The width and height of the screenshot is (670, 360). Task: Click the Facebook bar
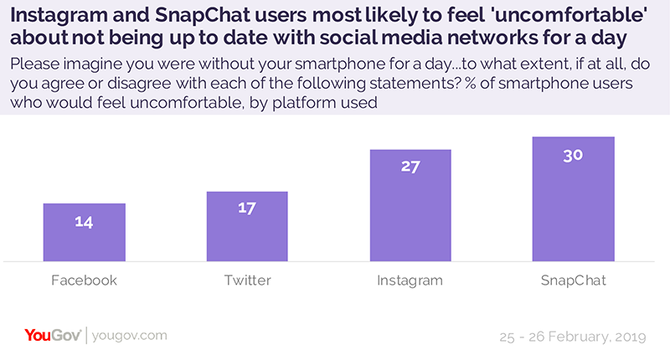(x=84, y=232)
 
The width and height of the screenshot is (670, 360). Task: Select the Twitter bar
(x=246, y=226)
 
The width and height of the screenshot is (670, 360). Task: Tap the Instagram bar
(x=410, y=205)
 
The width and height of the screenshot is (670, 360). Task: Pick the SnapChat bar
(x=573, y=198)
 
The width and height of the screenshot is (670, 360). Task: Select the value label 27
(x=410, y=166)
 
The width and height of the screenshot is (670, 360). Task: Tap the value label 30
(x=573, y=154)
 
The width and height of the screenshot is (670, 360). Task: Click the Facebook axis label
(x=84, y=280)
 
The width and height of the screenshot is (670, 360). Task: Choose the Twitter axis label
(x=246, y=280)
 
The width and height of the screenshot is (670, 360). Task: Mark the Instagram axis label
(x=410, y=280)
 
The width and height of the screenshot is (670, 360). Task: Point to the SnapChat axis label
(x=573, y=280)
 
